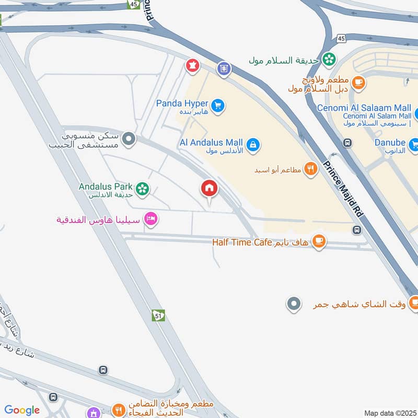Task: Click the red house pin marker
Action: [x=210, y=189]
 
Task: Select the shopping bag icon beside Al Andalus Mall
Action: [x=253, y=145]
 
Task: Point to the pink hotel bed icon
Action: [x=150, y=219]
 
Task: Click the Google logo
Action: [x=22, y=410]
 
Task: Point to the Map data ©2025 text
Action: [x=389, y=413]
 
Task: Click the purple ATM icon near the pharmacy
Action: [x=224, y=68]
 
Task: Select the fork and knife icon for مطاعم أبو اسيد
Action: [x=311, y=169]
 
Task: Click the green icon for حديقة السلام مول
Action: [x=329, y=59]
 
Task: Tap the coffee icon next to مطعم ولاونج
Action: [x=358, y=82]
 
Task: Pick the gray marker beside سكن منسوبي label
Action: [x=129, y=140]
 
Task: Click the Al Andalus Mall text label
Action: [x=211, y=142]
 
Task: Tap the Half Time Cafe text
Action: [x=242, y=242]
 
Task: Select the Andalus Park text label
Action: [x=104, y=186]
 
